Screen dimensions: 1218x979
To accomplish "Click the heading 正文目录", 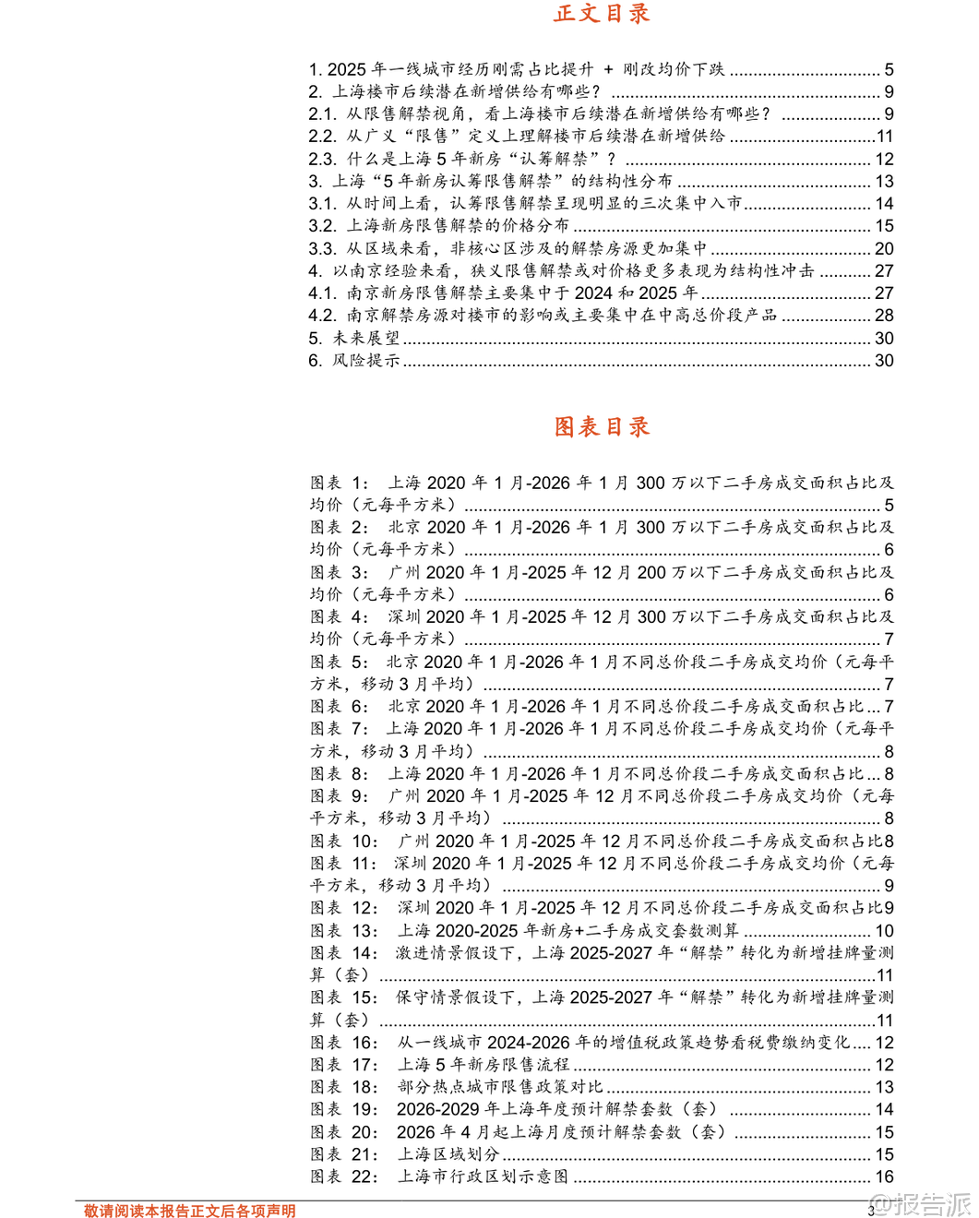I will [x=602, y=14].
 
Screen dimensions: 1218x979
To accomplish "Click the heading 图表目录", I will [x=602, y=426].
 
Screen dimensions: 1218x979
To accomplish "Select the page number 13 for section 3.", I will [x=884, y=181].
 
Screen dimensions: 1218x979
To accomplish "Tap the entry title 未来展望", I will [x=366, y=338].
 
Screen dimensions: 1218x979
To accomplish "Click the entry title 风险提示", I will [x=366, y=360].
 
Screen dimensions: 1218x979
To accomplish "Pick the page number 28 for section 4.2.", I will [x=884, y=316].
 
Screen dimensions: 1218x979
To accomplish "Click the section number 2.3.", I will [x=322, y=159].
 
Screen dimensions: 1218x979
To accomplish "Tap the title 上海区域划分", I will [x=448, y=1154].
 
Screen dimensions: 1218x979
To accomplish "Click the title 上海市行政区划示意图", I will [x=483, y=1176].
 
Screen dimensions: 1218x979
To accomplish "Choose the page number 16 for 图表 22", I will [x=884, y=1176].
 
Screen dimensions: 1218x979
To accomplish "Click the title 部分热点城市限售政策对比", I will [x=500, y=1087].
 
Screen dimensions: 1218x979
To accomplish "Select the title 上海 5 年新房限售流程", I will [x=484, y=1065].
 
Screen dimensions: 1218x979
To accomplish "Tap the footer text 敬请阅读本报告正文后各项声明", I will [x=190, y=1211].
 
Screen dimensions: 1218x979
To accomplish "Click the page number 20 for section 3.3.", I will [x=884, y=248].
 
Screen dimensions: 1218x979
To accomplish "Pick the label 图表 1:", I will [x=339, y=483].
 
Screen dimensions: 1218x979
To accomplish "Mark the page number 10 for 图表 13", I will [x=884, y=931].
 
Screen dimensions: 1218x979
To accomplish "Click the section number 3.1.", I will [x=322, y=203].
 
